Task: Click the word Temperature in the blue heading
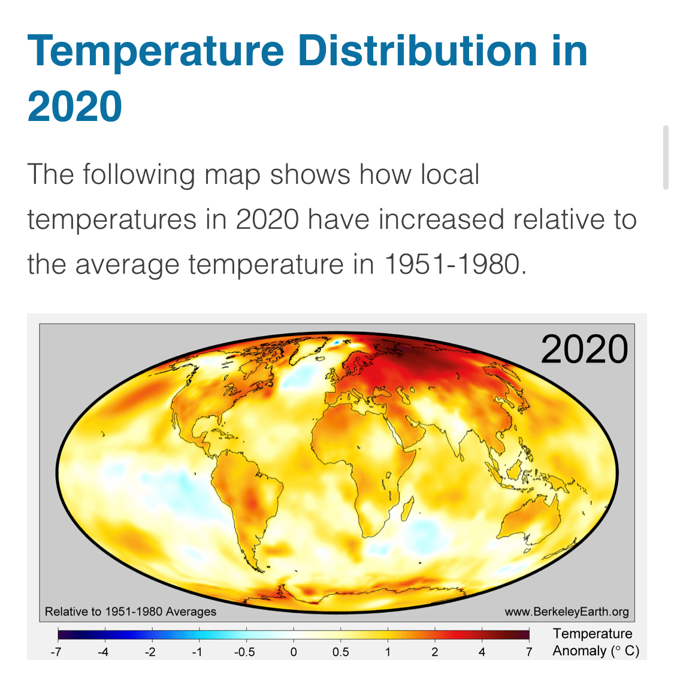tap(156, 52)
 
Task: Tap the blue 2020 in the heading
tap(75, 106)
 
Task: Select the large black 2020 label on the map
tap(584, 349)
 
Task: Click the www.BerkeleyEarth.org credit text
tap(567, 612)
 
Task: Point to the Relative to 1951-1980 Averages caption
tap(131, 612)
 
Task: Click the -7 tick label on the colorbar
tap(56, 652)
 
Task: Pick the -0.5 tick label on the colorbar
tap(244, 652)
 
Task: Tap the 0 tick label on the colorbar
tap(294, 652)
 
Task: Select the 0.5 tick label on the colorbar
tap(341, 652)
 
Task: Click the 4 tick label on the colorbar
tap(482, 652)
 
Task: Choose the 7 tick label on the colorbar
tap(529, 652)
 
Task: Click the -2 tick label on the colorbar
tap(150, 652)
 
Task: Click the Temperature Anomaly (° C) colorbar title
tap(596, 642)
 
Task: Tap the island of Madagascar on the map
tap(407, 509)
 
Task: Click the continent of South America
tap(246, 500)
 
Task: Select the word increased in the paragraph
tap(441, 219)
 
